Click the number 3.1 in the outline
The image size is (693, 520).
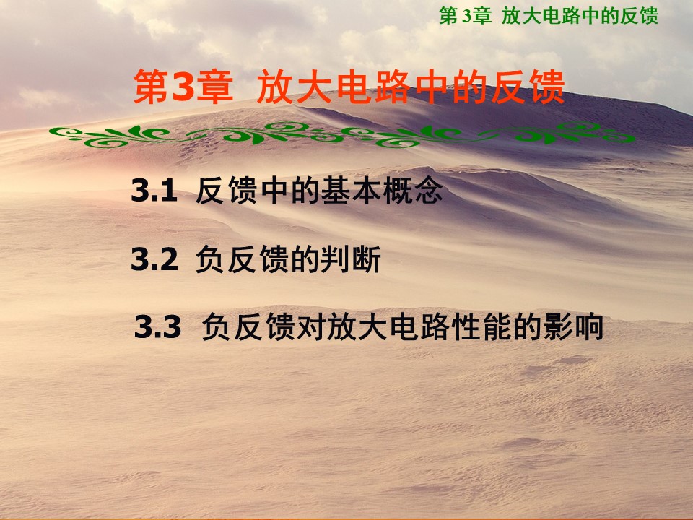(x=154, y=191)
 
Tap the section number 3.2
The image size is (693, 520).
(x=154, y=259)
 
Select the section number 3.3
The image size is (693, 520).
(x=158, y=327)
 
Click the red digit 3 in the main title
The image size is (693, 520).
(x=183, y=87)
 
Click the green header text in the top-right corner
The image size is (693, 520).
(x=549, y=16)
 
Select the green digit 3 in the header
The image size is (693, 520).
(x=467, y=17)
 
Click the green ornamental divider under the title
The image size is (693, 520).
(x=341, y=134)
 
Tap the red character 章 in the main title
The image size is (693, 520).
(x=214, y=87)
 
